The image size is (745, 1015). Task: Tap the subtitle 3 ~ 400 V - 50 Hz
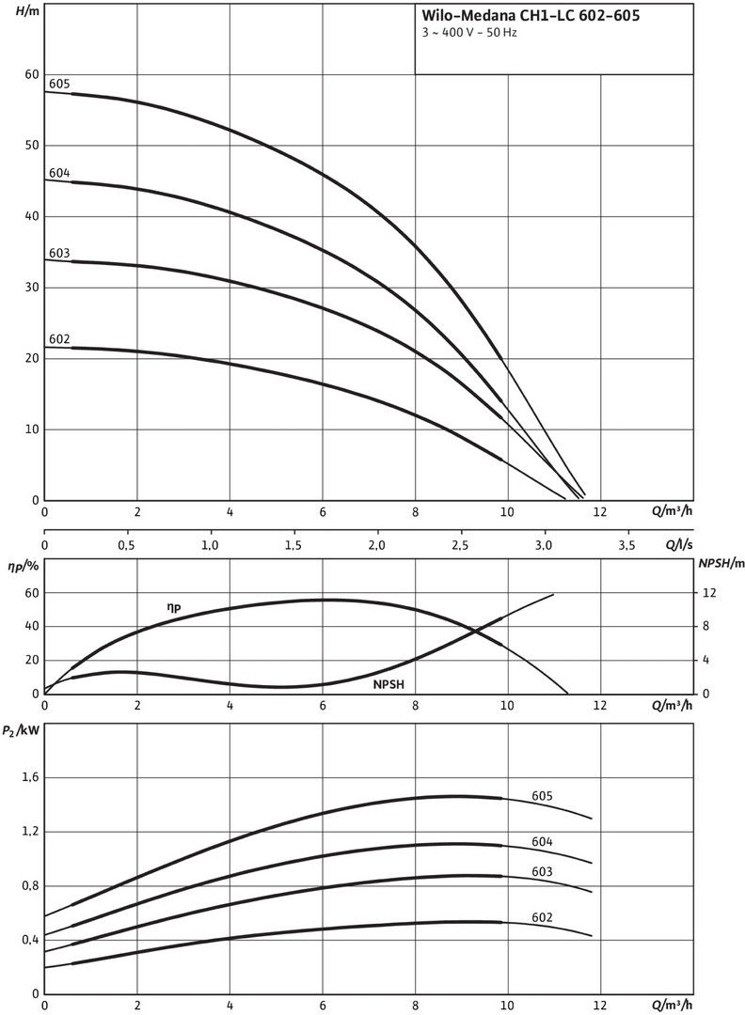[468, 33]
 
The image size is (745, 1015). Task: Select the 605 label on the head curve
[58, 84]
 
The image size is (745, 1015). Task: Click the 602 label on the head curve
[58, 339]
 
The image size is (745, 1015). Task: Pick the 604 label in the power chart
[541, 842]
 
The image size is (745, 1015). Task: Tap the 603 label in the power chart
[541, 872]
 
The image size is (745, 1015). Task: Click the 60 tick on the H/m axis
[31, 74]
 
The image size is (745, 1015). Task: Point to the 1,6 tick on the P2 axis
[28, 777]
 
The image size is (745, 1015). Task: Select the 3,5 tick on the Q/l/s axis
[626, 545]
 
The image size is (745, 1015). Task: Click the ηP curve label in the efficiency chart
[173, 609]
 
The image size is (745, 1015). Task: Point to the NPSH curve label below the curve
[389, 684]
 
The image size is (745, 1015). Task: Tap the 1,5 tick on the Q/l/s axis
[293, 545]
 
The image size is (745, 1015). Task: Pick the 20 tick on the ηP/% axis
[31, 660]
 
